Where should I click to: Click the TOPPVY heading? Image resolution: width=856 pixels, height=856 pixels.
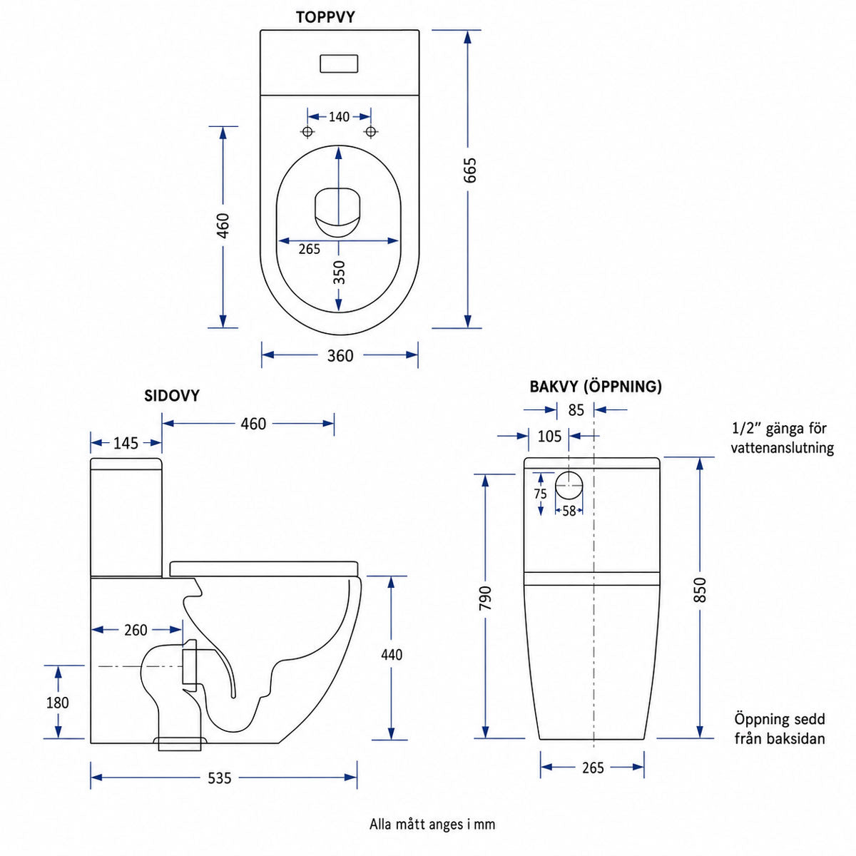click(x=325, y=17)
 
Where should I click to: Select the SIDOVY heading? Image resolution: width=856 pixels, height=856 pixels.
click(x=172, y=396)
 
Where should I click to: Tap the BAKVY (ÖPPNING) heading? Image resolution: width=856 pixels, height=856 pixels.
click(x=595, y=387)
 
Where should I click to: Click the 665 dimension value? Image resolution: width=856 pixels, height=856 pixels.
click(x=469, y=170)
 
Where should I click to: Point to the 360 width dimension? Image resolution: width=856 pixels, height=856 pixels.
click(x=340, y=356)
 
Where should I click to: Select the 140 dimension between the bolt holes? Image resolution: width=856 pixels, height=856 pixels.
click(x=339, y=117)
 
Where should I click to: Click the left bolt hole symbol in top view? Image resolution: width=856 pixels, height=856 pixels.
click(x=307, y=132)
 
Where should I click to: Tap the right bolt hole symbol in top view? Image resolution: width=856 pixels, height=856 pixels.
click(x=371, y=132)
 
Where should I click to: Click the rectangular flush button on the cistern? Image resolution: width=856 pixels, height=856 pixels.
click(x=339, y=63)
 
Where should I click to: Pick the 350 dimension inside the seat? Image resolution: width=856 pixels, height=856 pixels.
click(x=339, y=272)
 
